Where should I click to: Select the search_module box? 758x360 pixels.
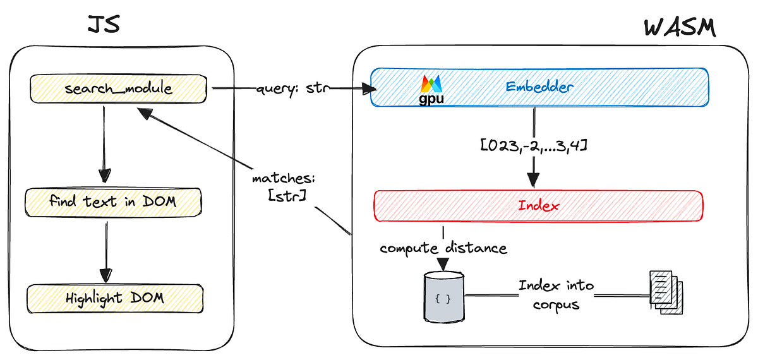[118, 89]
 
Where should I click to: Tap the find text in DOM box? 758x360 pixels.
[113, 202]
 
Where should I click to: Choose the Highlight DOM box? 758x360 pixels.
[114, 297]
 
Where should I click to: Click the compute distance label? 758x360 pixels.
[443, 248]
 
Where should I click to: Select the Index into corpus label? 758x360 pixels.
[556, 294]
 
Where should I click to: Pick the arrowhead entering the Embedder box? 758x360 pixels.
[365, 90]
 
